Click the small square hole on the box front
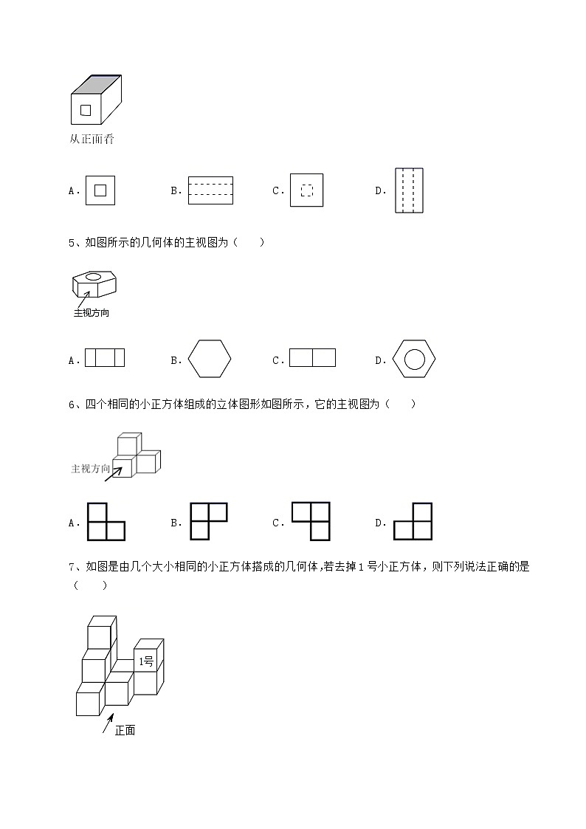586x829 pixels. click(86, 111)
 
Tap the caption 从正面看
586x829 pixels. click(92, 139)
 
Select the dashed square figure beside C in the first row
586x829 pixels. click(306, 190)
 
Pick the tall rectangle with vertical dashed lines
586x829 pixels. click(409, 190)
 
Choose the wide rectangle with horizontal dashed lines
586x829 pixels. click(210, 190)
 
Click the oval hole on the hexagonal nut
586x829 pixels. click(93, 278)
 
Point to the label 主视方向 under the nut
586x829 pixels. click(92, 313)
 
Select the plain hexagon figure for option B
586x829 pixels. click(210, 360)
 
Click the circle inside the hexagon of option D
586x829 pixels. click(414, 360)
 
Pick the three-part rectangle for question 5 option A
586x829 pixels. click(105, 357)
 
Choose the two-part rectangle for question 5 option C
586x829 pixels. click(312, 357)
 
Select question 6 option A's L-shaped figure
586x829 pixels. click(106, 522)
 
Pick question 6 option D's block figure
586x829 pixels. click(413, 522)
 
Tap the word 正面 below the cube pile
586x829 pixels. click(125, 730)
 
